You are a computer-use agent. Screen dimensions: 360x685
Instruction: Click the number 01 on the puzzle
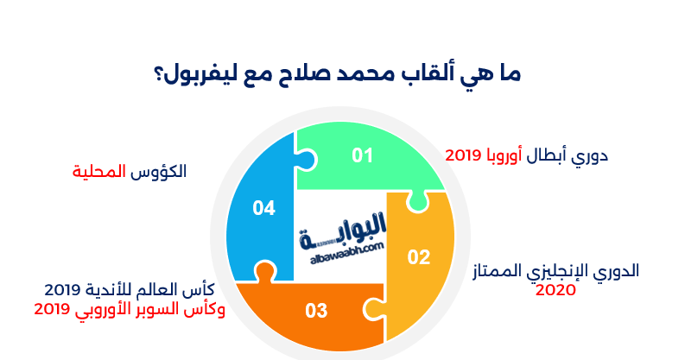tap(362, 155)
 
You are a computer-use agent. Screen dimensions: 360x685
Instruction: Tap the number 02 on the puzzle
tap(418, 256)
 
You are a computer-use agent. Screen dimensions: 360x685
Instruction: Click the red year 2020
tap(555, 290)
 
